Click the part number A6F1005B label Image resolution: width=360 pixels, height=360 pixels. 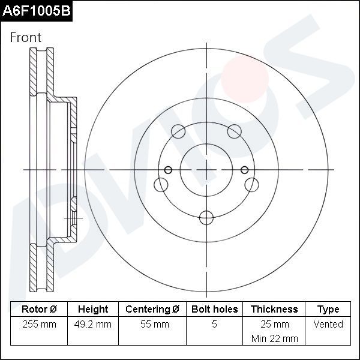coord(36,11)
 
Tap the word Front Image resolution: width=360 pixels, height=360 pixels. coord(26,37)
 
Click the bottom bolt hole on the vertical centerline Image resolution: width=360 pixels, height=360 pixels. coord(206,217)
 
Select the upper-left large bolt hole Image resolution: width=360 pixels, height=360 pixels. coord(178,131)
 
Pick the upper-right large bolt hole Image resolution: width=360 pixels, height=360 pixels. coord(234,131)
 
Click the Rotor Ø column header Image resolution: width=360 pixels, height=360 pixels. coord(39,310)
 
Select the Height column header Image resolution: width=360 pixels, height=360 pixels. coord(93,310)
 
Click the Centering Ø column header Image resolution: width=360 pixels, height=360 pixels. coord(152,310)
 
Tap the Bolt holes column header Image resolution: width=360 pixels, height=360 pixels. coord(214,310)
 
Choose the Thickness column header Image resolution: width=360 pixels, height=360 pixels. coord(274,310)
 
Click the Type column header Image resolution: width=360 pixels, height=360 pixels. coord(328,310)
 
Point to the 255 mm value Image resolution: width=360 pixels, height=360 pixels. coord(39,325)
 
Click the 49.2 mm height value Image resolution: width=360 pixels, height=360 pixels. coord(93,325)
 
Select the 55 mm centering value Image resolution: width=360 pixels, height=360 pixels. coord(152,325)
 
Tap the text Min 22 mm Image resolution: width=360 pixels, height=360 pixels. coord(274,338)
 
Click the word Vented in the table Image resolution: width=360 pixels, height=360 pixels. coord(328,325)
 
